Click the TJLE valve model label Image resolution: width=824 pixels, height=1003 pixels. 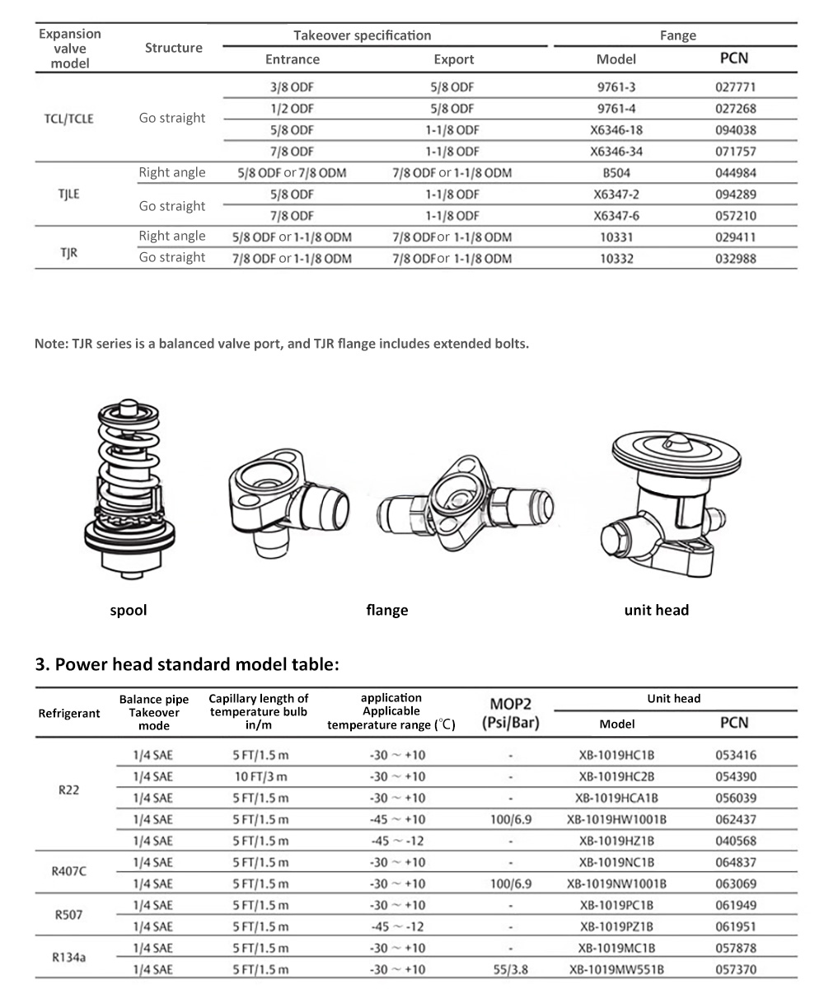69,195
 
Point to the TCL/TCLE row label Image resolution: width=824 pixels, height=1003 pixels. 69,119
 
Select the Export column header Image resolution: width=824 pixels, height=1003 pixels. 454,59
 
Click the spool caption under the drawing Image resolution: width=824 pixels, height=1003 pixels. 129,611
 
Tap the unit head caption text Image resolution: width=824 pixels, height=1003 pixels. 656,611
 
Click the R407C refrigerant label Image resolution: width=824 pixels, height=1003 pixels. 69,873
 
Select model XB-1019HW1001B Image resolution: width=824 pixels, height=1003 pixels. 616,819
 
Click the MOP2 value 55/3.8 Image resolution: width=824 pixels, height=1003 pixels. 511,970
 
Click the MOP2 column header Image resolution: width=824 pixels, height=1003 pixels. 511,714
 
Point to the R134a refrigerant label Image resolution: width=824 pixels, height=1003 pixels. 69,958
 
